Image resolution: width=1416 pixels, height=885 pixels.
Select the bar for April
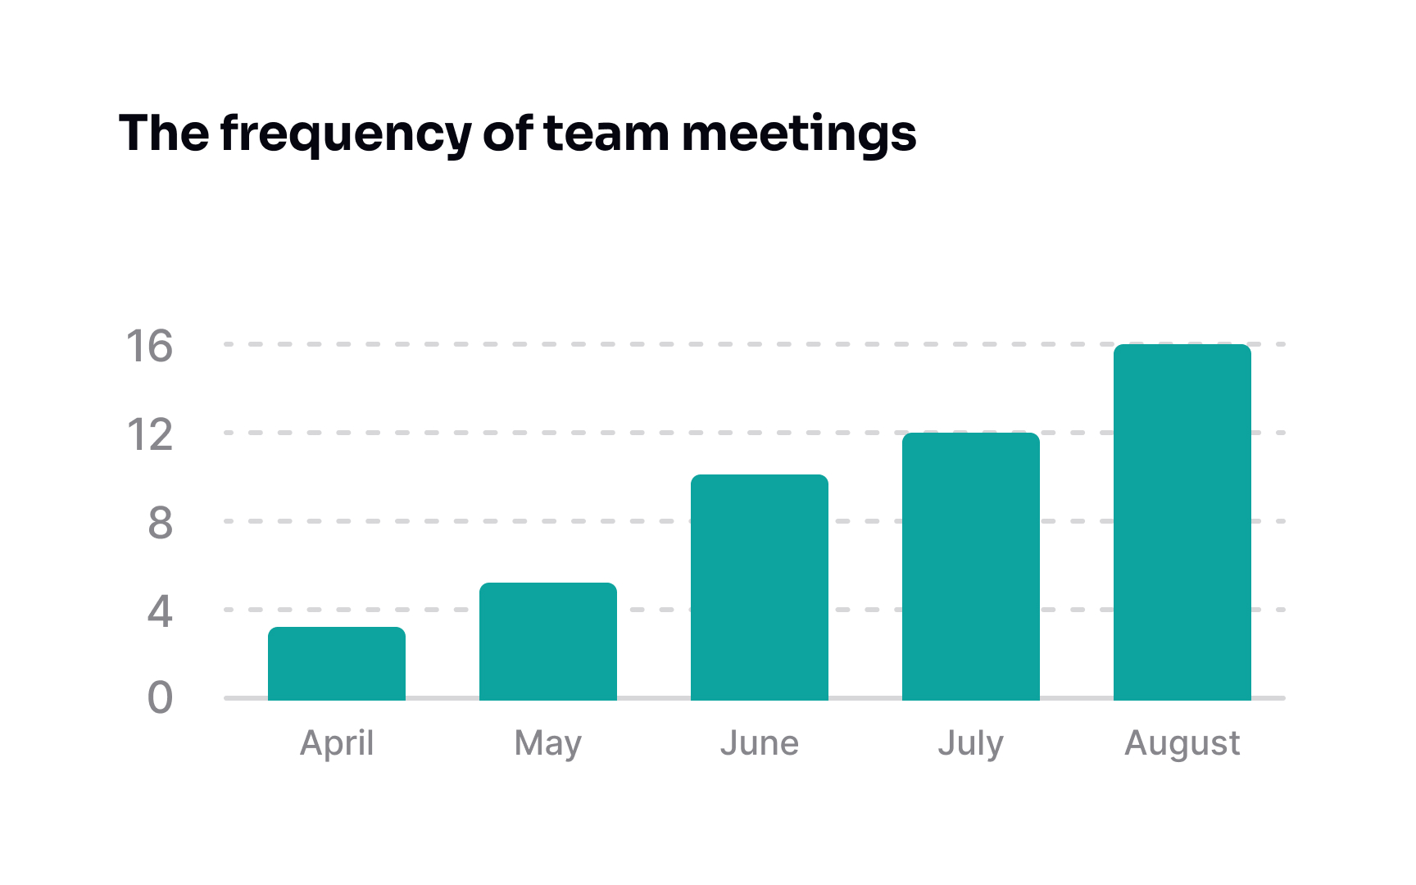click(337, 664)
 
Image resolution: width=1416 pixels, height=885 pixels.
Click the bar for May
click(548, 642)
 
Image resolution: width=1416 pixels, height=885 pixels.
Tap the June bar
click(760, 588)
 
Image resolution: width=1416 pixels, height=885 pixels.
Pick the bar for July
click(971, 566)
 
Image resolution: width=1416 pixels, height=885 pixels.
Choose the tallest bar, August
click(1182, 522)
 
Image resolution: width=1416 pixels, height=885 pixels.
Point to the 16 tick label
click(149, 346)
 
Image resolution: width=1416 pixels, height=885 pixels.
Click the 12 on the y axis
click(149, 434)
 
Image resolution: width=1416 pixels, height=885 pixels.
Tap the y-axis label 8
click(160, 523)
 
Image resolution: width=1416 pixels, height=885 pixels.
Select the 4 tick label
click(160, 611)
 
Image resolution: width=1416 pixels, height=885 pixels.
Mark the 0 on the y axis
click(160, 699)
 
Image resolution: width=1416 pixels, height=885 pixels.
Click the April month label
click(337, 743)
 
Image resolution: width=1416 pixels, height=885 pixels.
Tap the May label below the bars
click(548, 743)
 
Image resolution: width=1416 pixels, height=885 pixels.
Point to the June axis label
click(760, 743)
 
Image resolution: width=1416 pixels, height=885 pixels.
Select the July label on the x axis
click(971, 743)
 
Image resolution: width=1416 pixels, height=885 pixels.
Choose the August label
click(1182, 743)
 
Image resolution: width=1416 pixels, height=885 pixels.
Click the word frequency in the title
click(346, 134)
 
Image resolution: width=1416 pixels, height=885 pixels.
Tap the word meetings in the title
click(799, 134)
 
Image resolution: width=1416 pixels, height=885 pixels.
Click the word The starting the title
click(164, 134)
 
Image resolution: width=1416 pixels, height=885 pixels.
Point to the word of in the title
click(508, 134)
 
